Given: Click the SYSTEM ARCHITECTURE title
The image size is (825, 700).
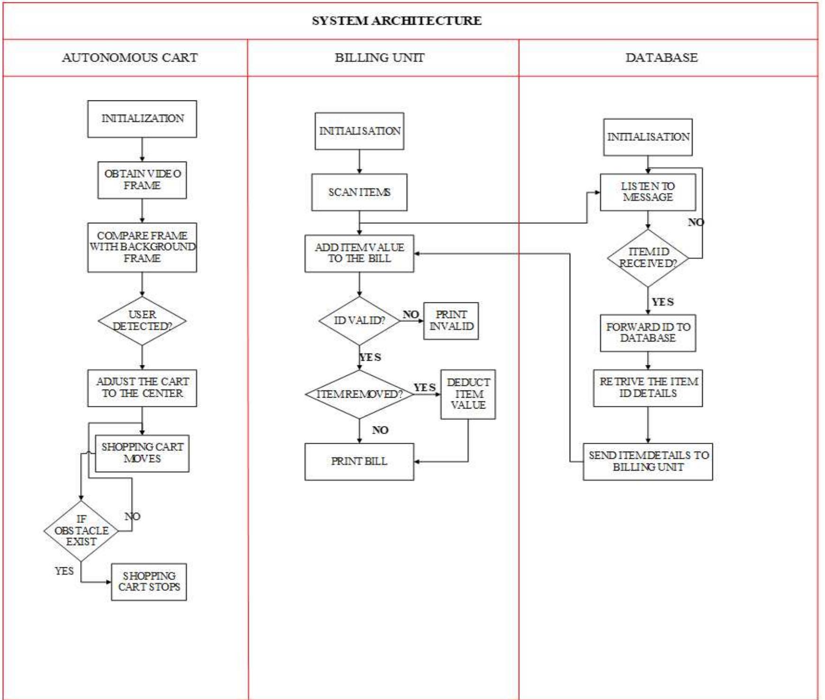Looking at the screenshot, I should coord(396,21).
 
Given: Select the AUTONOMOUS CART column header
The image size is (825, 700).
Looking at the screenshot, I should coord(129,58).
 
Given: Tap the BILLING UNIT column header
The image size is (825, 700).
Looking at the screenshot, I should coord(379,58).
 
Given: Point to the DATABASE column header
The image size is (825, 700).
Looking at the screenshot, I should coord(661,58).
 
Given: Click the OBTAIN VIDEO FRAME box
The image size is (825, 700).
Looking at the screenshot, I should coord(142,180).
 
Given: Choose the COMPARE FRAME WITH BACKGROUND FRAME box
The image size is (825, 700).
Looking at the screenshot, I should coord(142,247).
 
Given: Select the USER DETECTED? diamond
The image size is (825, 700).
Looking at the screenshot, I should coord(142,321).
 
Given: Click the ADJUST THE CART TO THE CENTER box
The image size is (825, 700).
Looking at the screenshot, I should coord(142,388).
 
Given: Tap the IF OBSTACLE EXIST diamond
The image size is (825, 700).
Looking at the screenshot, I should coord(81,530).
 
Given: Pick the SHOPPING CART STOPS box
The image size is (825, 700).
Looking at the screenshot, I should coord(149,582).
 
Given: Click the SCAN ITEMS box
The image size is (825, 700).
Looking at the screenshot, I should coord(359,192).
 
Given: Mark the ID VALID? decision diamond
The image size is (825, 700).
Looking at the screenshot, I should coord(359,321).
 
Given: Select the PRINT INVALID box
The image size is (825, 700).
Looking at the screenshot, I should coord(451,321).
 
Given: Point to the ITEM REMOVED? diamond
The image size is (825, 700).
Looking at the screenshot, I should coord(359,394).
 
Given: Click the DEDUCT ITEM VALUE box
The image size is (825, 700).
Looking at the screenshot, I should coord(468,394).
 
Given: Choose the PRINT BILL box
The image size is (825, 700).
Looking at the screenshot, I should coord(359,461).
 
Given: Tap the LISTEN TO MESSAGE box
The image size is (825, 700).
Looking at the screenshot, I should coord(647,192).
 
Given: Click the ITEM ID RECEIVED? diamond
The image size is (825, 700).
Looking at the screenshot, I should coord(647,258).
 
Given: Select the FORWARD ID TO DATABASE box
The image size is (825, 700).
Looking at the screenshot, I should coord(647,333).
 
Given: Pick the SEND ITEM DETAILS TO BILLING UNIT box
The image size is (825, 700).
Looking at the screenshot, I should coord(647,461).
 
